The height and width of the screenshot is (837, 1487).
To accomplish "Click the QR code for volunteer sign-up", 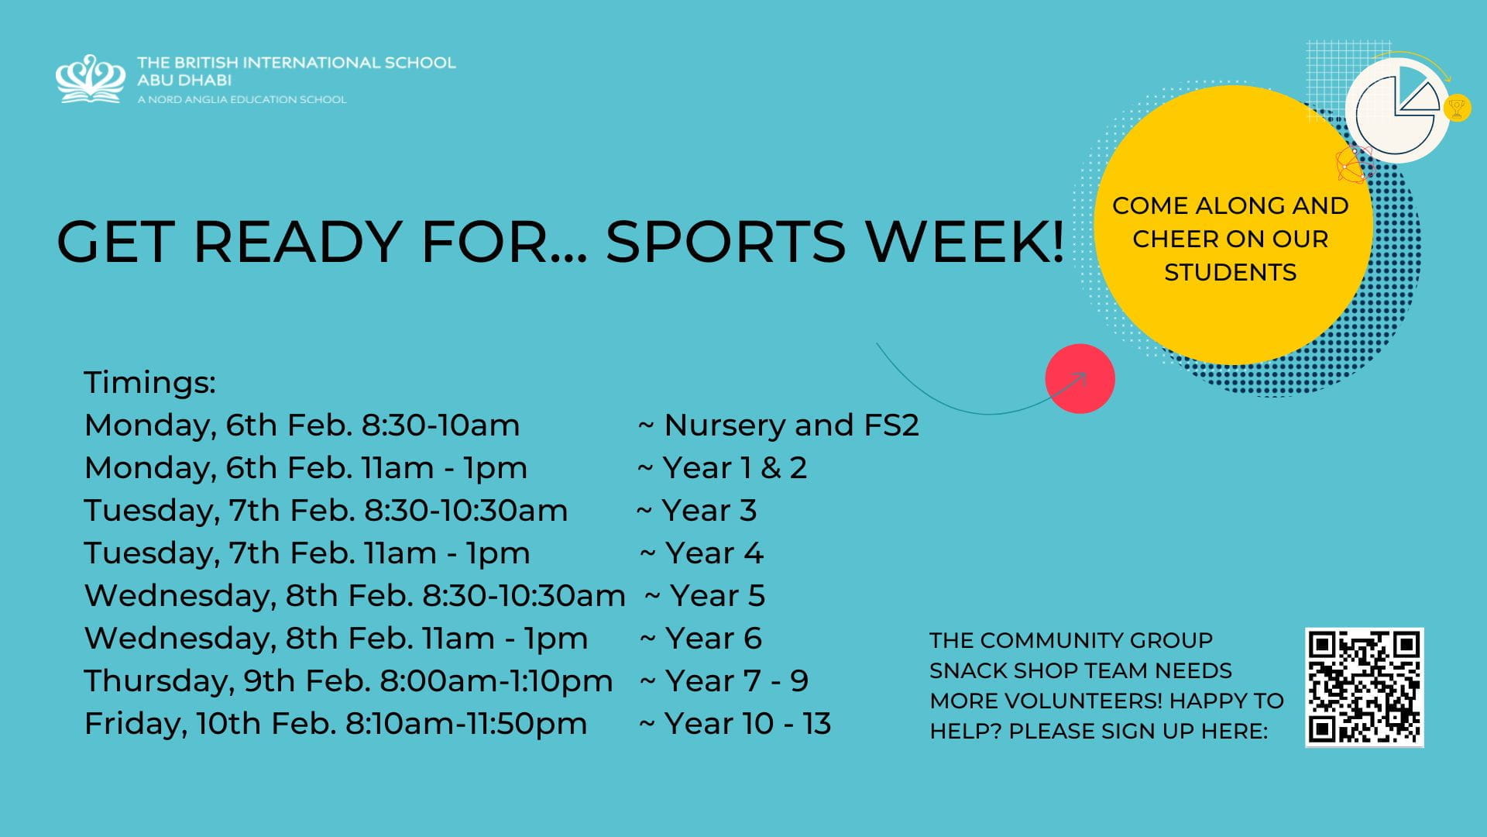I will [1364, 687].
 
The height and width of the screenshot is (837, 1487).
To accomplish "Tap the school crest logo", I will [91, 78].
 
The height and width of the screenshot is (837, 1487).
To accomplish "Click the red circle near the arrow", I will [1080, 379].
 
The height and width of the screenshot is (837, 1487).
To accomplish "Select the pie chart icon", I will [1398, 112].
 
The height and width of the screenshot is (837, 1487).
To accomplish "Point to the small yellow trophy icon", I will [1457, 108].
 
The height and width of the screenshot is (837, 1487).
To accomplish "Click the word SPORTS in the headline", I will [725, 242].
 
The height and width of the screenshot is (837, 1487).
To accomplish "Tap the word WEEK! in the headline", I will [965, 242].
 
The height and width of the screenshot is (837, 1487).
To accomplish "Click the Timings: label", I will [149, 383].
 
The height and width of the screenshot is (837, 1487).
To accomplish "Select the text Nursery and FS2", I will [791, 425].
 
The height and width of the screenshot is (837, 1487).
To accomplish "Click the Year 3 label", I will [709, 511].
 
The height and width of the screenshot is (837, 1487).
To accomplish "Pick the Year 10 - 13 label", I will [747, 724].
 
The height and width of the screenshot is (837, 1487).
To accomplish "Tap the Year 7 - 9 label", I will [736, 681].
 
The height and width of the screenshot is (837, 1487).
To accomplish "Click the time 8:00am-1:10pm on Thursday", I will [496, 681].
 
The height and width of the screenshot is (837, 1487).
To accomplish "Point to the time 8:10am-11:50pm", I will [465, 724].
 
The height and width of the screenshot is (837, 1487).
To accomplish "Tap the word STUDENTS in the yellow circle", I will [1230, 273].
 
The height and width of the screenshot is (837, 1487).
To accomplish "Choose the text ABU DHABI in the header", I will [184, 80].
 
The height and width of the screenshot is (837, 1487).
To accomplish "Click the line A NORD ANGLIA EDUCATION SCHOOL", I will [242, 99].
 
